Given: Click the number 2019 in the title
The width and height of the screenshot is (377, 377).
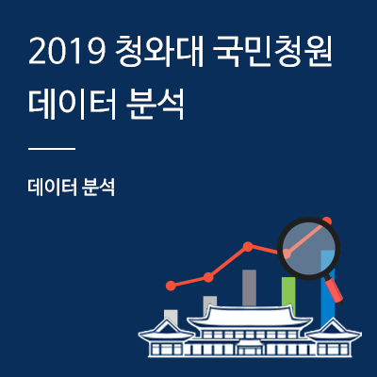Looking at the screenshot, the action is point(66,52).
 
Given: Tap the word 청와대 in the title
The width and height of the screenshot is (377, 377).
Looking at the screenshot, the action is point(159,52).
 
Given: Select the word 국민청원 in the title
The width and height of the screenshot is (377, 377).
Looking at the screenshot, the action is point(272,52).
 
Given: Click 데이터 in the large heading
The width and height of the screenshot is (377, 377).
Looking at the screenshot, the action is point(73,105).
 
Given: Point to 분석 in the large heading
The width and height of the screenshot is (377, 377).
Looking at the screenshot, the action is point(155,105).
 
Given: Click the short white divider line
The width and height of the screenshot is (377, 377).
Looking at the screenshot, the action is point(52,149).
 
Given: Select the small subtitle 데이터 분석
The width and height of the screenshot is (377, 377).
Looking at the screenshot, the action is point(72,188).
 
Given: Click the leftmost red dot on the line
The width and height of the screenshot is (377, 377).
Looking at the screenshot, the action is point(171,286).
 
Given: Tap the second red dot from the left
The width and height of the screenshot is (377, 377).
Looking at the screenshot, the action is point(208,277).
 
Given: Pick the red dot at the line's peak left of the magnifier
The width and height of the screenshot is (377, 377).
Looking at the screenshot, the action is point(248,247).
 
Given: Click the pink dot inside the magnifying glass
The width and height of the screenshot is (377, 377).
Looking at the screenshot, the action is point(287,253).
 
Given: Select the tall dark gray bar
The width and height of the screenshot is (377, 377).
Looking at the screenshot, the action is point(249,287).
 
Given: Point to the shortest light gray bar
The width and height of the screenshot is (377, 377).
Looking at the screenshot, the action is point(171,317).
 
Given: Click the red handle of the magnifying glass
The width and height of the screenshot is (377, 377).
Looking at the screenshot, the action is point(334,290).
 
